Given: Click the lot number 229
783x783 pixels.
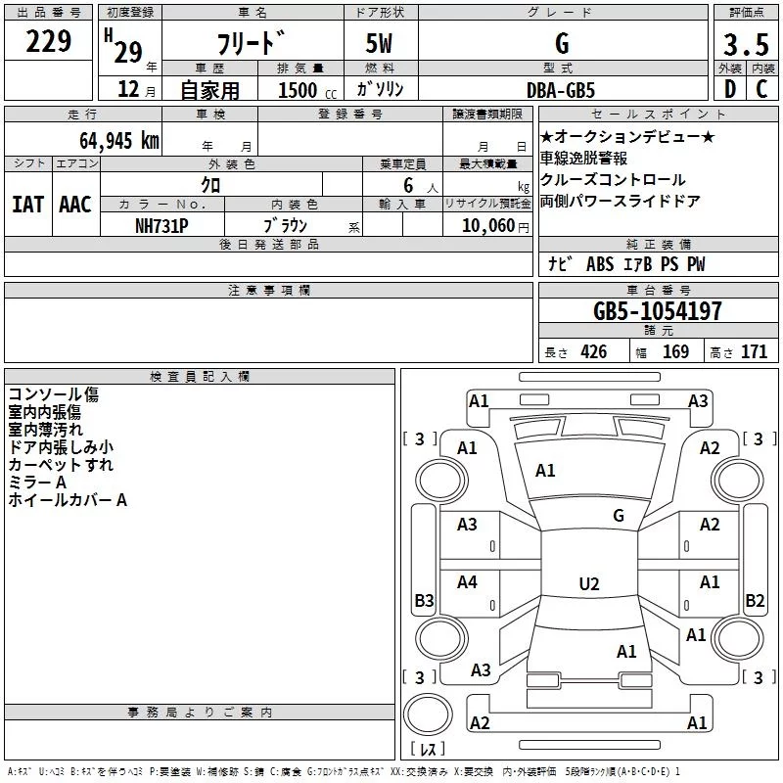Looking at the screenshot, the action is coord(48,41).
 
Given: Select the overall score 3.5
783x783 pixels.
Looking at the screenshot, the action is coord(746,44).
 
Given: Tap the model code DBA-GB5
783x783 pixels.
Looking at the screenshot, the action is coord(561,90).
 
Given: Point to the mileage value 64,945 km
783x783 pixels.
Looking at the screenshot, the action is coord(119,141).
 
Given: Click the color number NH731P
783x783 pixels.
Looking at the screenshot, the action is coord(161,226).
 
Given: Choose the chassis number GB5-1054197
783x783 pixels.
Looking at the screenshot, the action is coord(658,311).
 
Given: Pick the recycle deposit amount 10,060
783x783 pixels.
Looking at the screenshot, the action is coord(488,226).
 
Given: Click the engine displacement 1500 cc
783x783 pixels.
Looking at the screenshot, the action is coord(307,90).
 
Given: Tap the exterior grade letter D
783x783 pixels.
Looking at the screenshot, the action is coord(730,89).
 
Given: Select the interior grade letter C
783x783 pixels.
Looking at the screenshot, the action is coord(761,89).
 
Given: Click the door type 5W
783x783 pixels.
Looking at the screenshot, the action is coord(379,43).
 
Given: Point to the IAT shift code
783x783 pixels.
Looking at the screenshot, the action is coord(28,205).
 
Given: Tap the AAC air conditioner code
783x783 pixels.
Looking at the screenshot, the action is coord(75,205).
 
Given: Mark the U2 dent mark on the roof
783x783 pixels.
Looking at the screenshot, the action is coord(589,583).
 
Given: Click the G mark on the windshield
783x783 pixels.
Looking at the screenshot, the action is coord(619,515).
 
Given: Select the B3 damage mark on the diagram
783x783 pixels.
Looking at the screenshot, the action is coord(425,600).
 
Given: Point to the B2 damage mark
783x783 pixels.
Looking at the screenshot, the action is coord(755,600).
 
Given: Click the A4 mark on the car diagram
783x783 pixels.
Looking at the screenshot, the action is coord(467,581).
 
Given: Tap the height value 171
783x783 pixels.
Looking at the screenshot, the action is coord(754,352).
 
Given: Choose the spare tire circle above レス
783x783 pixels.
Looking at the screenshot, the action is coord(428,714).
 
